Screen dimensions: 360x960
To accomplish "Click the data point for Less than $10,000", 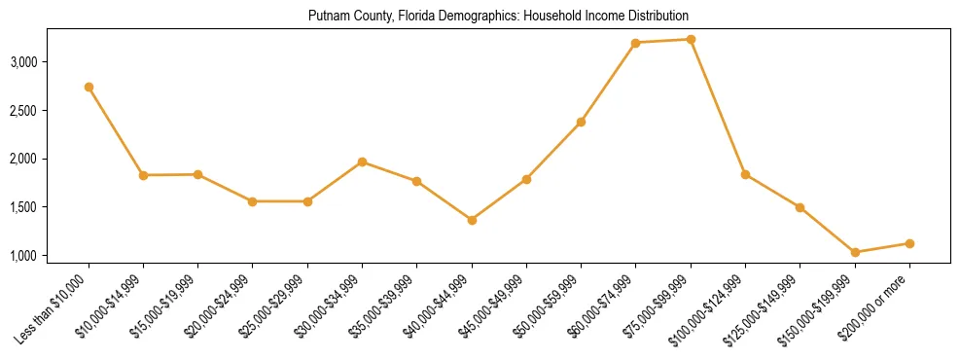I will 89,87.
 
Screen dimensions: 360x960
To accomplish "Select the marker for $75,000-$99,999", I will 691,39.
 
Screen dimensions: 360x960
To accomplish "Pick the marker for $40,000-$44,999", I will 472,220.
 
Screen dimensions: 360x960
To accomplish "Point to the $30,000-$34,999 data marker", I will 362,162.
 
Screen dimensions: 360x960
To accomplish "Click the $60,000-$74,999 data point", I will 636,43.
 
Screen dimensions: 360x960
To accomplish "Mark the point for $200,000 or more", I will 909,243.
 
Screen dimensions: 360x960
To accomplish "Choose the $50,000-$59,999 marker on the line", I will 581,122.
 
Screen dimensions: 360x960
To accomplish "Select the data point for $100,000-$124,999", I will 745,174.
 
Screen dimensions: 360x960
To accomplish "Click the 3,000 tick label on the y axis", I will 50,62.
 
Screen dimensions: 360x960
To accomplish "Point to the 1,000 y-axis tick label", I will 50,256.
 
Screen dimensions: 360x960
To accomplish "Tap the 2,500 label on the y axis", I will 50,111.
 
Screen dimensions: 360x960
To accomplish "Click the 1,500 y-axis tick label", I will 50,207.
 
